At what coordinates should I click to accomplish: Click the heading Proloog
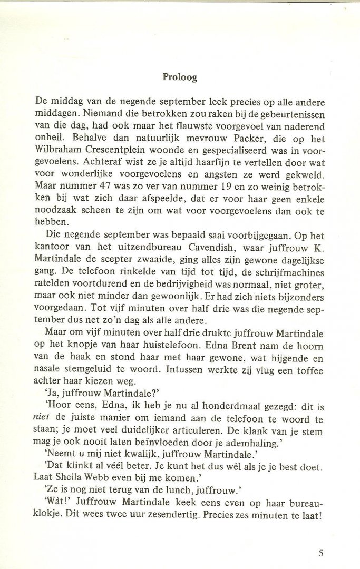pyautogui.click(x=180, y=77)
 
